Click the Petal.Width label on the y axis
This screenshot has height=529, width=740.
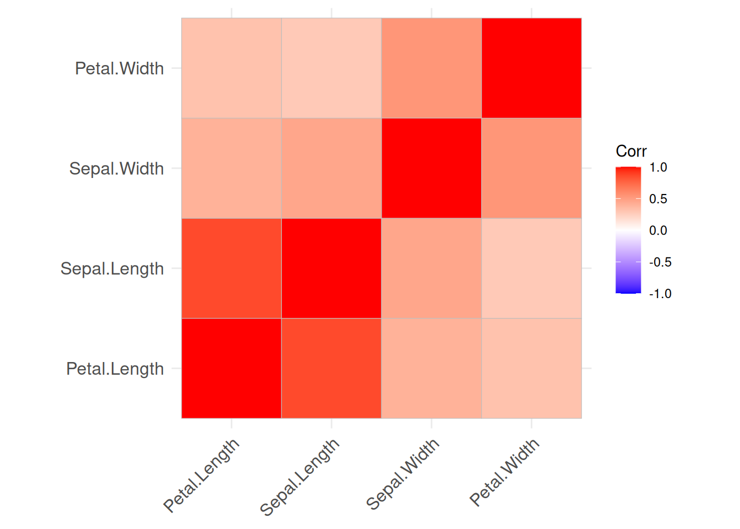pos(119,68)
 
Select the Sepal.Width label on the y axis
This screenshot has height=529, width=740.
pos(117,168)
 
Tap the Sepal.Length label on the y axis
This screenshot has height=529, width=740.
pos(112,268)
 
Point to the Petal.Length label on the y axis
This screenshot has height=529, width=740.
pos(115,369)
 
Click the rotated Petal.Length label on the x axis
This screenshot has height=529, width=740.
pos(202,475)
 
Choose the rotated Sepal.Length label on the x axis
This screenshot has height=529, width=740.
pos(300,477)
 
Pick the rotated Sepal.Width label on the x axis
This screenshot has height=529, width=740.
pos(402,474)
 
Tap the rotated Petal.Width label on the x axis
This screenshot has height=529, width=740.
pos(504,472)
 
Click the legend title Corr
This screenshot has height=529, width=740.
pos(631,151)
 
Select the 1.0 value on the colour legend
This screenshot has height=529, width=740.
pos(658,168)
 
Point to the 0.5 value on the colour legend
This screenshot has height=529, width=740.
pos(658,199)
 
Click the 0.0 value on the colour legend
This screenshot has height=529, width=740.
pos(658,230)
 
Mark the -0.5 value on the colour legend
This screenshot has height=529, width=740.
pos(660,262)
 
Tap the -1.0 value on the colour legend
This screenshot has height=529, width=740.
pos(660,294)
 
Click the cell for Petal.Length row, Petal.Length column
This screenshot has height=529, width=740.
pos(231,369)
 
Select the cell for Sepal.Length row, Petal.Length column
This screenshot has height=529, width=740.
pos(231,268)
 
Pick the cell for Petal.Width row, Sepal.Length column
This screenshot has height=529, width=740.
pos(331,68)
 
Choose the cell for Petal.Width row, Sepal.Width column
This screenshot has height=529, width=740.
pos(432,68)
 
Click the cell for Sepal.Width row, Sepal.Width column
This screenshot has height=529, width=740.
pos(432,168)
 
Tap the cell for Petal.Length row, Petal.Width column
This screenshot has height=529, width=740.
pos(531,369)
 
